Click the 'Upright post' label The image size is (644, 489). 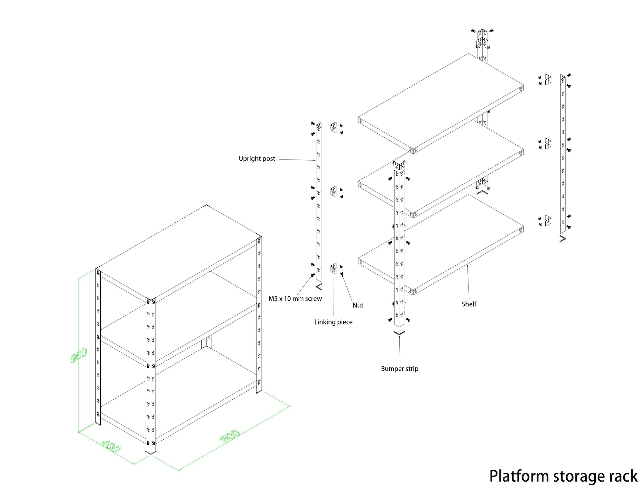257,159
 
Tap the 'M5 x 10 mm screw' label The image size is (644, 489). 295,299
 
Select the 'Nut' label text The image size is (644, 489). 358,305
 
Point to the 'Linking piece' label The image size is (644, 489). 333,322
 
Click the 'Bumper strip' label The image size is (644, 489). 399,369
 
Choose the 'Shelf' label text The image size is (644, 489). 469,304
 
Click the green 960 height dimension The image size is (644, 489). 79,355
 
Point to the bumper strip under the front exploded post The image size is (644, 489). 399,333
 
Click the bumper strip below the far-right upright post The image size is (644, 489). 563,239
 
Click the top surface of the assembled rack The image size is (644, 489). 178,252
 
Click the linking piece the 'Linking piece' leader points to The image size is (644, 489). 334,269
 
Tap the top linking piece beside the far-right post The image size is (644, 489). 548,80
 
